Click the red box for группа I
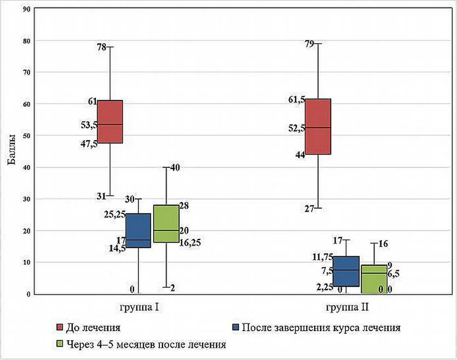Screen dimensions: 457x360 tap(110, 121)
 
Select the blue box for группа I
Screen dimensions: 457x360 tap(138, 231)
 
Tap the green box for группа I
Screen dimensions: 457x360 tap(166, 224)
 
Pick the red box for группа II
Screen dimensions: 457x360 tap(318, 126)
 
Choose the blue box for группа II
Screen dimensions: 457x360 tap(346, 271)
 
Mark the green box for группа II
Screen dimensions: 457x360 tap(374, 279)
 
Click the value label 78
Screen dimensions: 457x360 tap(102, 47)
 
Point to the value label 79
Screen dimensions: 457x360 tap(309, 44)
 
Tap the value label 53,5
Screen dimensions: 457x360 tap(89, 125)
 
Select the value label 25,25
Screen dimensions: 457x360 tap(115, 215)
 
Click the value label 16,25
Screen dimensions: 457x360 tap(190, 243)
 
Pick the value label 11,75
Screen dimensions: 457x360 tap(323, 257)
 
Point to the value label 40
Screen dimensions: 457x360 tap(175, 167)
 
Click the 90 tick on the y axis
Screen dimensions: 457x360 tap(27, 9)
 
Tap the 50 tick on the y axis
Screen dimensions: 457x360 tap(27, 136)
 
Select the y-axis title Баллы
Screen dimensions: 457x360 tap(11, 149)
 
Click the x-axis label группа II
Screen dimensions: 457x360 tap(347, 307)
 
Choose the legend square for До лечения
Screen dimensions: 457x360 tap(60, 327)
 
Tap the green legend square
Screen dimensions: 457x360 tap(60, 344)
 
